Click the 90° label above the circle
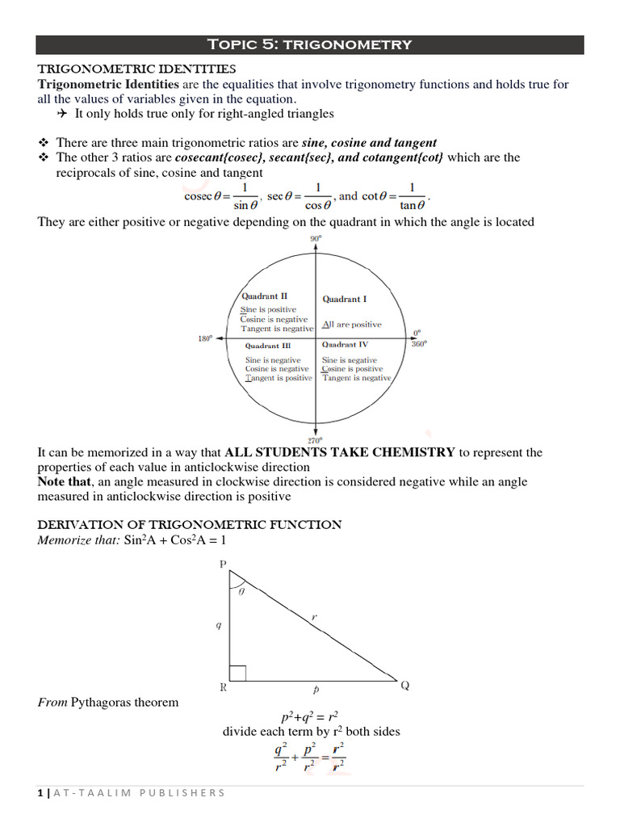[x=315, y=239]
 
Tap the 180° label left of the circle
[x=205, y=339]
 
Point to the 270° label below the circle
[x=314, y=440]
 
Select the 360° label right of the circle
[x=419, y=343]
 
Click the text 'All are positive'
[x=352, y=325]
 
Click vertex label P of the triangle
[x=224, y=565]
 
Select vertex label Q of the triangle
[x=405, y=686]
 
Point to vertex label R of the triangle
[x=223, y=689]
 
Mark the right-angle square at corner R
[x=238, y=673]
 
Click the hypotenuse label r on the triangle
[x=314, y=618]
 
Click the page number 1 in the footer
[x=40, y=793]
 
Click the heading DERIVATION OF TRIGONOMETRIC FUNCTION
[x=190, y=525]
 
